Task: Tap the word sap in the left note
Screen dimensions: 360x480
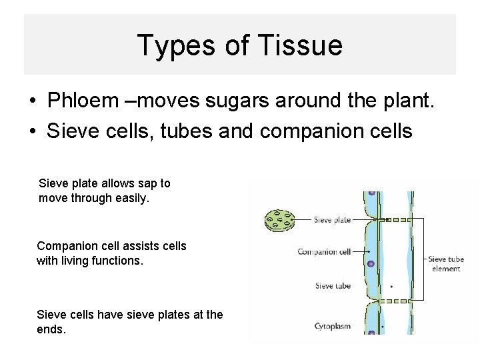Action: pyautogui.click(x=150, y=183)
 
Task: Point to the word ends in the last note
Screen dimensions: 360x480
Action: pyautogui.click(x=51, y=329)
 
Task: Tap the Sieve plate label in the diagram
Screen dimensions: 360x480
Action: pyautogui.click(x=333, y=218)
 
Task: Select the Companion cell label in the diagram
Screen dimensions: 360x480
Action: pyautogui.click(x=324, y=251)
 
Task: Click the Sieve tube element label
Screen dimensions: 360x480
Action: pyautogui.click(x=447, y=263)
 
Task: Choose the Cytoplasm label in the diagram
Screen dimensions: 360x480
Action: pyautogui.click(x=332, y=327)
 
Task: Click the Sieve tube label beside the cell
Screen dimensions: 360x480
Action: pyautogui.click(x=333, y=286)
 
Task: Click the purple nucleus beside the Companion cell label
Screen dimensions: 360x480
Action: pyautogui.click(x=371, y=264)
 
